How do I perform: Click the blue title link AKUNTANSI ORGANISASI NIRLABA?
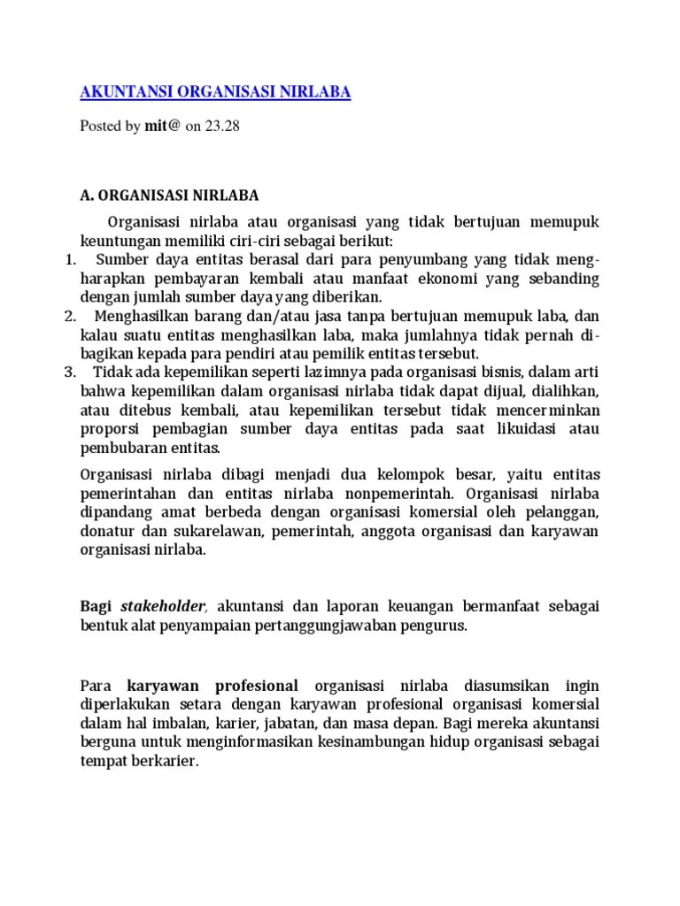pos(215,93)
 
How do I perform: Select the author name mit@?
pos(163,127)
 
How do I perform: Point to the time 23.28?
pos(222,127)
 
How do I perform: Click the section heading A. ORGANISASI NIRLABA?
pos(170,195)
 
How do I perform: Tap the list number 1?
pos(72,259)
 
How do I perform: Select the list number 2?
pos(71,316)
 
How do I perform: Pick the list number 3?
pos(71,372)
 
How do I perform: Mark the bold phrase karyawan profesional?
pos(212,687)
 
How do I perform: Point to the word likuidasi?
pos(504,428)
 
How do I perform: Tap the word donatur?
pos(107,531)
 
